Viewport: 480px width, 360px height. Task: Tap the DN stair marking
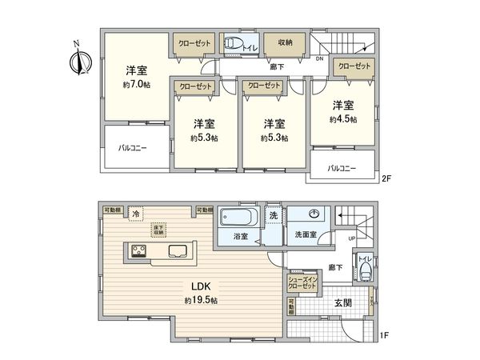pos(318,58)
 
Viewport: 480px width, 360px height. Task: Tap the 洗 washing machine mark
pos(273,215)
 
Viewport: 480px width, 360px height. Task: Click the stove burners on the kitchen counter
pos(137,253)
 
